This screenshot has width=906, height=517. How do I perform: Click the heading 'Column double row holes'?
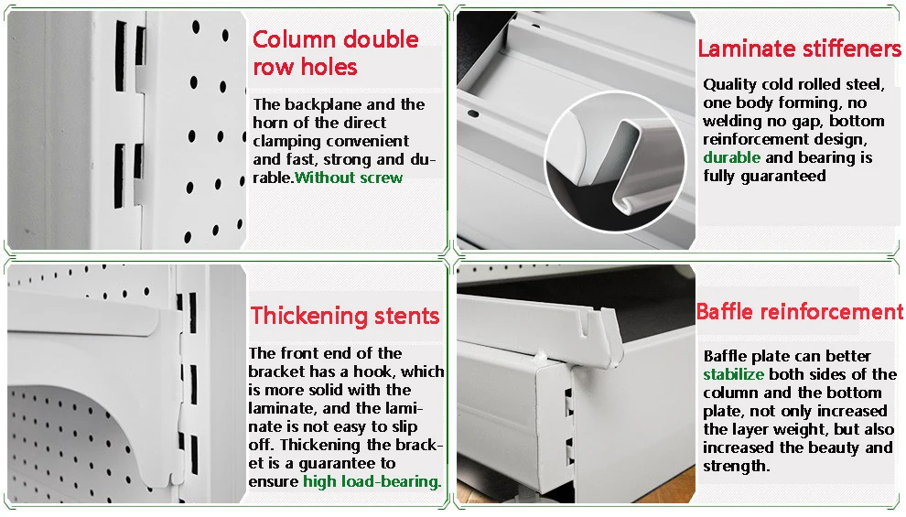tap(336, 53)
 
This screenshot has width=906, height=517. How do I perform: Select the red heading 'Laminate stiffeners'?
tap(799, 48)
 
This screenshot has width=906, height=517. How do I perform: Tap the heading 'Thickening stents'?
tap(345, 316)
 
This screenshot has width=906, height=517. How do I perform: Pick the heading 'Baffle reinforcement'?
tap(799, 312)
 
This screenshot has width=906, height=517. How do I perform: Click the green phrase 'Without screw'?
tap(349, 178)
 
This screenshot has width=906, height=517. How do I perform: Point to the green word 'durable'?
tap(731, 157)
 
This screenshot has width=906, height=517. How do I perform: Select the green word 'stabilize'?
tap(733, 374)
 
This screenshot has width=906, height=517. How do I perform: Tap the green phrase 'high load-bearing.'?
tap(372, 481)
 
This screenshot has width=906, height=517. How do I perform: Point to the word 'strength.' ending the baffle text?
tap(736, 466)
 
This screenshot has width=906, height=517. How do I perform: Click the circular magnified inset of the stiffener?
tap(615, 162)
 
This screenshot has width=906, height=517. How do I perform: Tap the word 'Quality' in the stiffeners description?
tap(729, 85)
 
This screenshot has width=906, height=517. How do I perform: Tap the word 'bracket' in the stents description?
tap(276, 372)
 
